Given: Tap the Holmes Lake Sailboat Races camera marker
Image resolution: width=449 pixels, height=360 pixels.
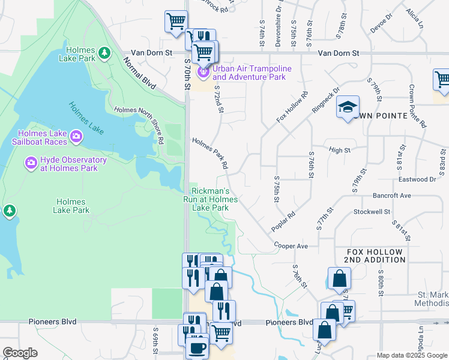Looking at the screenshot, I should tap(76, 137).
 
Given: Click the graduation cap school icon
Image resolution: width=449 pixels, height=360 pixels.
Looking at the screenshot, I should tap(348, 107).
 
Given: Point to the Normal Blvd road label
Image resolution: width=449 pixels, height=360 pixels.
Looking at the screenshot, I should tap(140, 73).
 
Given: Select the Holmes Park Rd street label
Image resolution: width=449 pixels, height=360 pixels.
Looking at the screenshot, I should tap(210, 152).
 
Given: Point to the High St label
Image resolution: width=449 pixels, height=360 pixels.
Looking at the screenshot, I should tap(339, 150).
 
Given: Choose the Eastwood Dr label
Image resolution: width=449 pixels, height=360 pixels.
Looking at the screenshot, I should tap(417, 179).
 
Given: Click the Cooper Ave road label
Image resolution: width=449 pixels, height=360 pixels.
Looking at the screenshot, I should tap(291, 246).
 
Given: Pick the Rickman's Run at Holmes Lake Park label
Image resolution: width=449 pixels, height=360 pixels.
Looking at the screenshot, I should tap(210, 199).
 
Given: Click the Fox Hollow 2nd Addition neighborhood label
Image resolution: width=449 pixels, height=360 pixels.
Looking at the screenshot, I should tap(375, 255).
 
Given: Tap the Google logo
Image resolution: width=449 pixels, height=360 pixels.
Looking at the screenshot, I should tap(20, 353).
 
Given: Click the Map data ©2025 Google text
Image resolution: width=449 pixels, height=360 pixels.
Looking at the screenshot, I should tap(411, 355).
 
